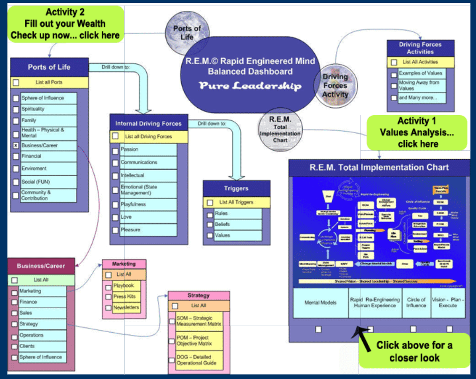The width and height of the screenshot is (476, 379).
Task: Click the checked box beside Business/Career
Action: pos(15,146)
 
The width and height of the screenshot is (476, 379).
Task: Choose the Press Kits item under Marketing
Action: pos(126,297)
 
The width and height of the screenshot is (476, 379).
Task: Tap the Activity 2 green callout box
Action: pos(65,23)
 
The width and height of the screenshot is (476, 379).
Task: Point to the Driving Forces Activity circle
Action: pos(335,85)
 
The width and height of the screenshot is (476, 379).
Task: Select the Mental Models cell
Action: pos(320,303)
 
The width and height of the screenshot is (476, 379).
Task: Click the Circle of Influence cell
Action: pos(416,303)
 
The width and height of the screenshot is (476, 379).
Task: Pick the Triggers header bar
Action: pos(237,188)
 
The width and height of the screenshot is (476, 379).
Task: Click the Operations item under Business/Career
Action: pos(43,335)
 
